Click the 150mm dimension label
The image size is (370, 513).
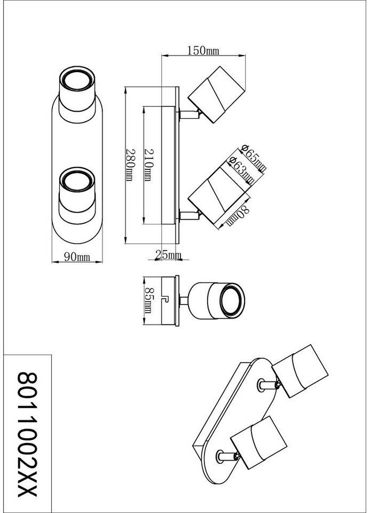click(203, 51)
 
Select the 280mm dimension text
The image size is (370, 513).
click(129, 165)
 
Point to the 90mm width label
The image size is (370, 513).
click(77, 257)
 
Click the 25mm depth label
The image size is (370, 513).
click(168, 255)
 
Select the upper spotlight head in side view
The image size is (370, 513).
click(217, 94)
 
